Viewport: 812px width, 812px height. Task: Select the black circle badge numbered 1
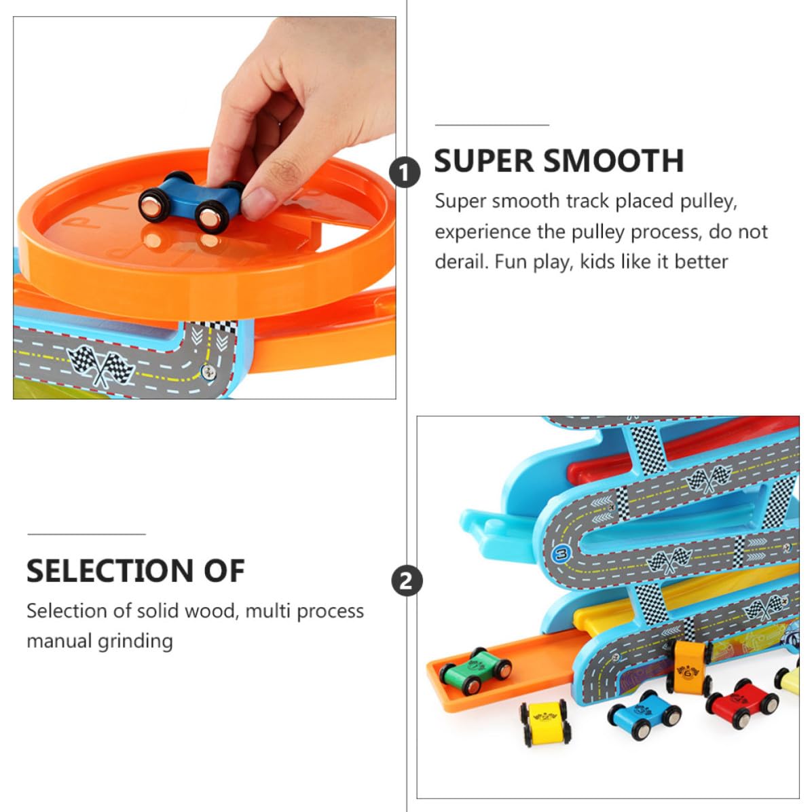tap(405, 172)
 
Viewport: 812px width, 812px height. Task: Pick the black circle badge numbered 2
tap(407, 580)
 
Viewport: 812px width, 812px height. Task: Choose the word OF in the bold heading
tap(224, 571)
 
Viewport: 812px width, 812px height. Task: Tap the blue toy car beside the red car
tap(644, 714)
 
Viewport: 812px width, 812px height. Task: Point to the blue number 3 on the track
tap(561, 554)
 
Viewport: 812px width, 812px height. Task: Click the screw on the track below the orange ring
tap(208, 371)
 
